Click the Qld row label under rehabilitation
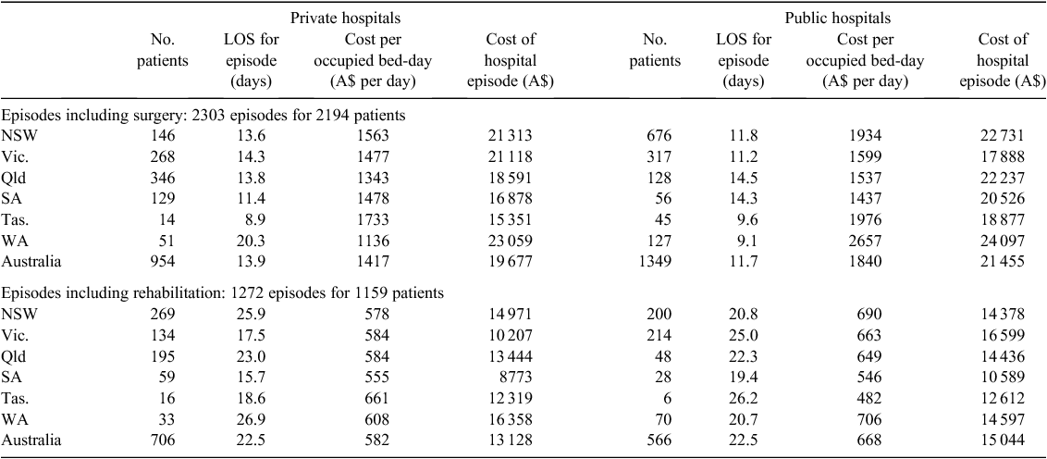click(x=12, y=356)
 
